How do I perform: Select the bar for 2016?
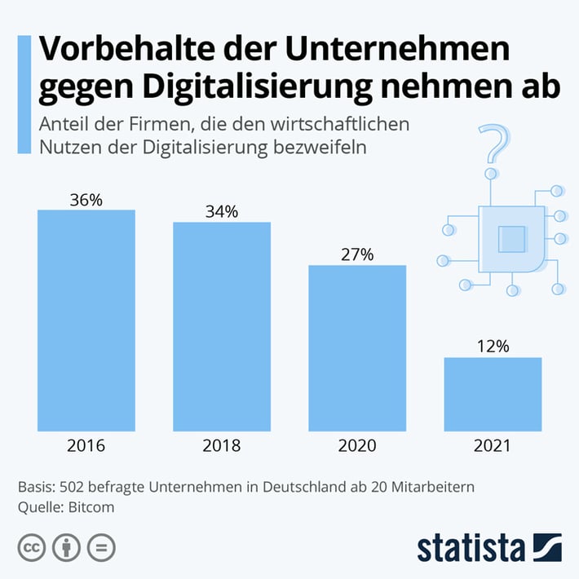coord(86,320)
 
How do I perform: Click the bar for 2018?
coord(222,326)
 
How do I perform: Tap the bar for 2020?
coord(357,348)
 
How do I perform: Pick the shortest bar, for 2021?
coord(493,394)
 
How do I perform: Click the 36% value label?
coord(86,200)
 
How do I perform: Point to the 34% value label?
coord(222,212)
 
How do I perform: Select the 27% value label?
coord(357,254)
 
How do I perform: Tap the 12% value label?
coord(493,347)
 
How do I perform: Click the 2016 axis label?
coord(86,446)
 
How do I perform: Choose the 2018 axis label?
coord(222,446)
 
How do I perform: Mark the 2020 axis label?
coord(357,446)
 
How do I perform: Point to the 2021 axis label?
coord(493,446)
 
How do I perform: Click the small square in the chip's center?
coord(511,239)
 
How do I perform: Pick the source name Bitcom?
coord(90,506)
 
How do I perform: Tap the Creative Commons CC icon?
coord(31,547)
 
